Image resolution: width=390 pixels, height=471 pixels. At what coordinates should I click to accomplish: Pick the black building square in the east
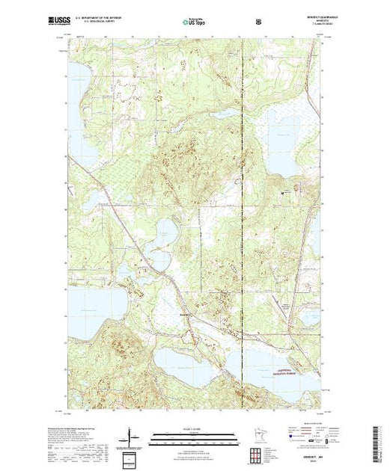282,193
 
